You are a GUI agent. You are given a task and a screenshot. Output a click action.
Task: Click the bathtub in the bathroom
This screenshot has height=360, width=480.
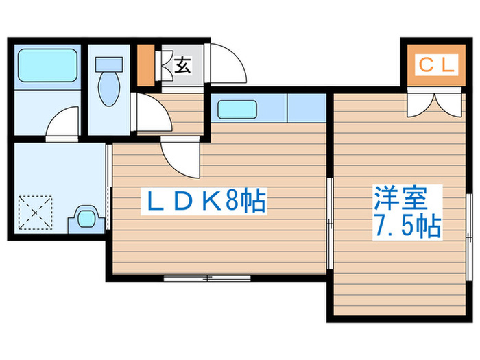[47, 65]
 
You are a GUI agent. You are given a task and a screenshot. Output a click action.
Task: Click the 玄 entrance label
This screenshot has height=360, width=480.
[182, 66]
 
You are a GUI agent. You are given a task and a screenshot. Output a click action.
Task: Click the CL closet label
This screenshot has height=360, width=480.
[435, 66]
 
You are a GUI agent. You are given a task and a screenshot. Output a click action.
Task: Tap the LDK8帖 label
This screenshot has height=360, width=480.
[203, 201]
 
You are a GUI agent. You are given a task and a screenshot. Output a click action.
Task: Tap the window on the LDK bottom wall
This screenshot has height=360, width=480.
[208, 278]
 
